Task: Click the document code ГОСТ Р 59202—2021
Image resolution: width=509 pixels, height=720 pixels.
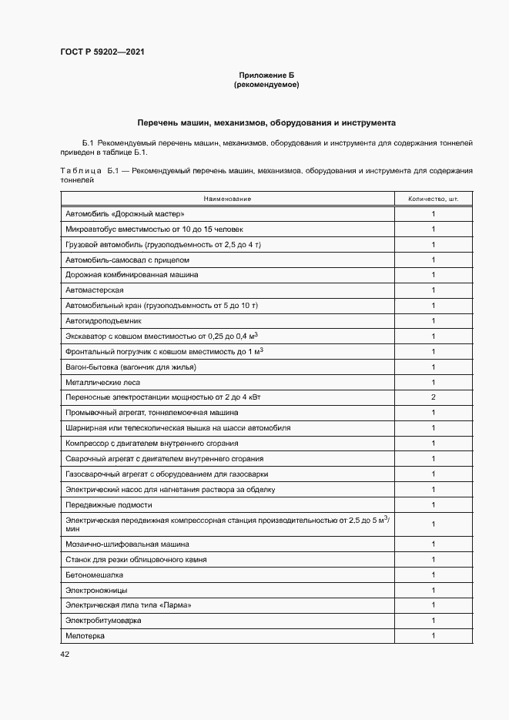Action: pos(102,52)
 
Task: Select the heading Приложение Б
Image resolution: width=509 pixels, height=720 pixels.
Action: pos(266,75)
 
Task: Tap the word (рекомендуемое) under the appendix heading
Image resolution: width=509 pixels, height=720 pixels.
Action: pos(266,85)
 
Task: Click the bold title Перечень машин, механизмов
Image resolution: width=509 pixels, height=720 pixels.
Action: pos(266,122)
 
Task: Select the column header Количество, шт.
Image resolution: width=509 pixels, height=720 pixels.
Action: pos(433,199)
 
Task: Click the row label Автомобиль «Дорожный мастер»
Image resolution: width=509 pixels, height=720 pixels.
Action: pos(126,213)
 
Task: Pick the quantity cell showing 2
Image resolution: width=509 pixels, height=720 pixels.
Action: pos(433,397)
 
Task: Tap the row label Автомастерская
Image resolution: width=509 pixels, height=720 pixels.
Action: pos(95,290)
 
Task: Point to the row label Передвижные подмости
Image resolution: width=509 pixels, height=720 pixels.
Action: pos(109,504)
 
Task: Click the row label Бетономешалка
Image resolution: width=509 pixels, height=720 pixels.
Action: pos(95,574)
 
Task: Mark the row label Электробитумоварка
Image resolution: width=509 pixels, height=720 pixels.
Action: pos(103,621)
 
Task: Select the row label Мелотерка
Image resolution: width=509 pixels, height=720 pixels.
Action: pos(85,636)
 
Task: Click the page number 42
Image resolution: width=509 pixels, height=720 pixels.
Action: pos(65,655)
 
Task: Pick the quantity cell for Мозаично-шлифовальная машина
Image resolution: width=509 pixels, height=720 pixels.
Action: pos(433,544)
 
